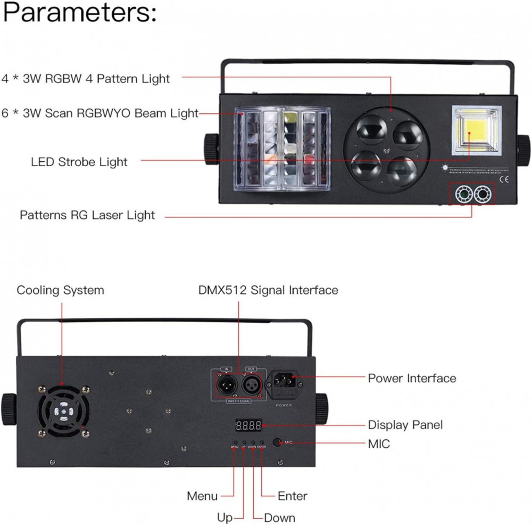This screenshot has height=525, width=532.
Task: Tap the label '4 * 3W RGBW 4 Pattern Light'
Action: pos(86,79)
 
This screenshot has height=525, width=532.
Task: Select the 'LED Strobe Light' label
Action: pos(79,161)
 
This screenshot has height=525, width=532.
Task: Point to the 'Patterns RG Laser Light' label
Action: pos(87,215)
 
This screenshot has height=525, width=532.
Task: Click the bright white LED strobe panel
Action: pos(476,130)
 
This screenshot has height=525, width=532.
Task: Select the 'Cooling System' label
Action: pos(60,290)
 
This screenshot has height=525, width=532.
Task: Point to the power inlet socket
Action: pos(289,383)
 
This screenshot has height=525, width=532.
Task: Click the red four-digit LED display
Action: pos(248,425)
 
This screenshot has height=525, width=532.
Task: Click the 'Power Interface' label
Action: pos(412,379)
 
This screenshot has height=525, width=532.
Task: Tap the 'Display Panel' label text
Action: pos(405,425)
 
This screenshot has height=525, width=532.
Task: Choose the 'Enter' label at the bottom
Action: pos(292,496)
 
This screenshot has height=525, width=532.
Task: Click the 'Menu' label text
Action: pos(202,496)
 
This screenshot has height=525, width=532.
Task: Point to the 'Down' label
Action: pos(280,518)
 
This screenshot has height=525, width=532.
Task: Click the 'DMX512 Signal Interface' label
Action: pos(268,290)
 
